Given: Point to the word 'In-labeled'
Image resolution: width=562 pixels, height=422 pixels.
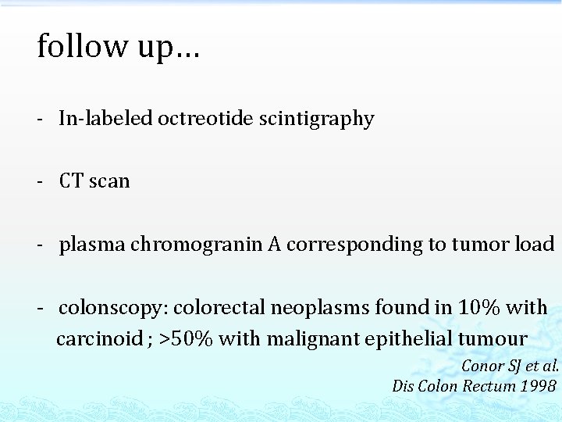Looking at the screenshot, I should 105,119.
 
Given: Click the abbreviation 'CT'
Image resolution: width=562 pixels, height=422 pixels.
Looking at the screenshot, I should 72,181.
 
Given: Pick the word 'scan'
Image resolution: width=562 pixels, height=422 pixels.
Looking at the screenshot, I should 109,181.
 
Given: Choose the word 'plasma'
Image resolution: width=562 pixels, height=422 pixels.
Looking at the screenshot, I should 92,245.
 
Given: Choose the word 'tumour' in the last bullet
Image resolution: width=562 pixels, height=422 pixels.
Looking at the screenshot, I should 490,339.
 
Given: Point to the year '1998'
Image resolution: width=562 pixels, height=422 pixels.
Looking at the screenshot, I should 539,385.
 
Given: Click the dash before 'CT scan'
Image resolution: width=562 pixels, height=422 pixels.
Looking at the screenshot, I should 40,181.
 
